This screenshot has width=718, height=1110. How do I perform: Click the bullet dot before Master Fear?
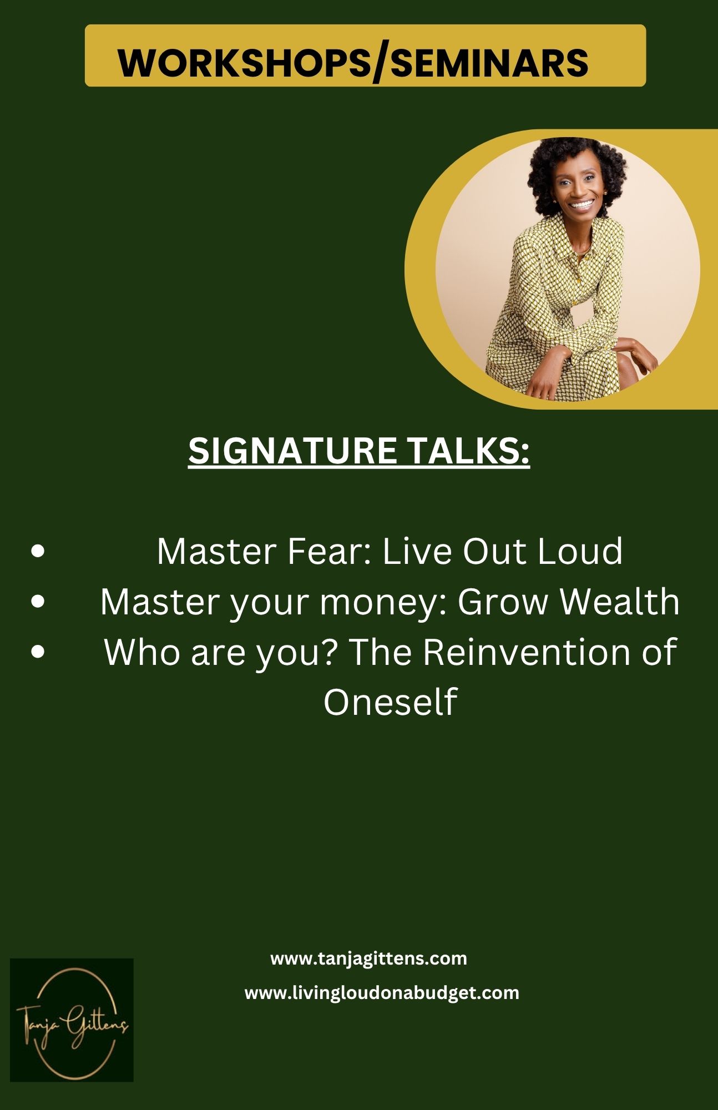[x=38, y=552]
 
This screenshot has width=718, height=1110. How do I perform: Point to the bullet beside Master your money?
[x=38, y=602]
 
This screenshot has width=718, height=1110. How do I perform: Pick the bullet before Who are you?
[x=38, y=652]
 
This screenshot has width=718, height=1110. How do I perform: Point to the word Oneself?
[x=390, y=701]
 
